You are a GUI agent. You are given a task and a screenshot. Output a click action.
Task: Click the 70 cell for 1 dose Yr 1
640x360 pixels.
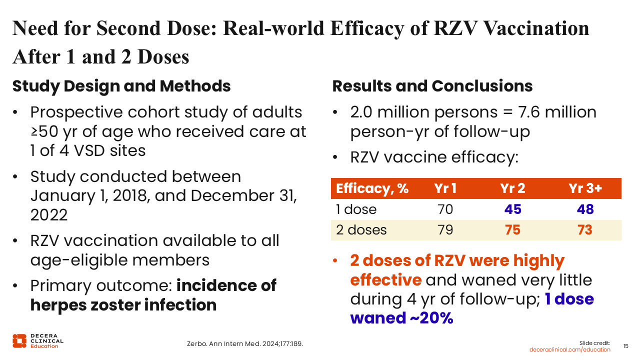tap(445, 209)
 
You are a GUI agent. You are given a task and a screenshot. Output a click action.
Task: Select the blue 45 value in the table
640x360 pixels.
tap(512, 209)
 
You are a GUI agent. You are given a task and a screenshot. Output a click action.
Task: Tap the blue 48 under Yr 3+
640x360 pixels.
tap(585, 209)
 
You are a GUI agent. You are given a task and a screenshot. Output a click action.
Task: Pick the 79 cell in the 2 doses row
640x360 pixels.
tap(445, 230)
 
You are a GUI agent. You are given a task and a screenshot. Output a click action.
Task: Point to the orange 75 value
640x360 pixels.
tap(512, 230)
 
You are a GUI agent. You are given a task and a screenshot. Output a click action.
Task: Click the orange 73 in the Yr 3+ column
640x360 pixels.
tap(585, 230)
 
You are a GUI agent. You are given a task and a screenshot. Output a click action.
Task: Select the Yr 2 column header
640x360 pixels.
tap(512, 188)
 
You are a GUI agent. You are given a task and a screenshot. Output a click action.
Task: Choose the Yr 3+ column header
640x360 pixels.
tap(585, 188)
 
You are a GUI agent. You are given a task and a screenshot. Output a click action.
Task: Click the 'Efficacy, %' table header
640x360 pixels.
tap(372, 188)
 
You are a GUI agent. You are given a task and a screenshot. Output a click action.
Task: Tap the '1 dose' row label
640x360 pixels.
tap(356, 209)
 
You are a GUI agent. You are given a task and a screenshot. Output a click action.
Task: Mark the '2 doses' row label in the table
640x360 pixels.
tap(361, 230)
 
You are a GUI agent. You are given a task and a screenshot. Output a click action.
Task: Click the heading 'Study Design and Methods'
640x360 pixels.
tap(121, 86)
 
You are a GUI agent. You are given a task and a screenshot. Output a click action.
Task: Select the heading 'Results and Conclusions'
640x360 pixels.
tap(432, 86)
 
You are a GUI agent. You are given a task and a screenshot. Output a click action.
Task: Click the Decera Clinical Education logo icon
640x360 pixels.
tap(19, 340)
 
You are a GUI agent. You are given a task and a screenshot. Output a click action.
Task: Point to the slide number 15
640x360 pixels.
tap(625, 346)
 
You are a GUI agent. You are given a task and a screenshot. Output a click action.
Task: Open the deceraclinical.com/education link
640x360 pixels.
tap(570, 349)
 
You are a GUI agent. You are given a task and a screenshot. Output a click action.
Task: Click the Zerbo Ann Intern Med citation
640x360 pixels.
tap(245, 344)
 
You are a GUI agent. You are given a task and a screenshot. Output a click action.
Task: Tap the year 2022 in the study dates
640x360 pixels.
tap(49, 215)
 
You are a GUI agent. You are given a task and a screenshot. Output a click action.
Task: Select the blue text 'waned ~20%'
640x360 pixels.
tap(401, 318)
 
